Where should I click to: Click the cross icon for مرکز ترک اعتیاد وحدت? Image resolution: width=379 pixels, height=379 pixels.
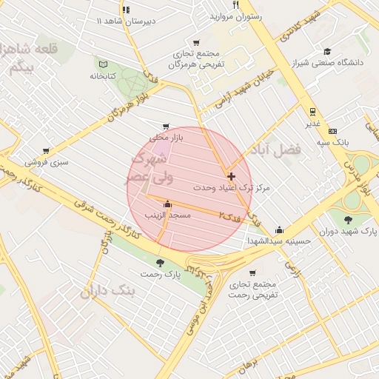click(232, 176)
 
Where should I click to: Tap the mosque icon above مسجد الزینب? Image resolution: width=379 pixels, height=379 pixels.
click(167, 204)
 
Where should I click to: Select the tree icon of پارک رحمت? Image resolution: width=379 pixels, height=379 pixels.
click(161, 263)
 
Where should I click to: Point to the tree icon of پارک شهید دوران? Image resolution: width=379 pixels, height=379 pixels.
click(349, 218)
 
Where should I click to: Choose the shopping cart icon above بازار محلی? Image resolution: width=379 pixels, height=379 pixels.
click(165, 126)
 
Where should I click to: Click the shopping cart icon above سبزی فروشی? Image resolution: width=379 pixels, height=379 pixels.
click(46, 150)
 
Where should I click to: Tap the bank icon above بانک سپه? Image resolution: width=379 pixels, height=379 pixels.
click(332, 130)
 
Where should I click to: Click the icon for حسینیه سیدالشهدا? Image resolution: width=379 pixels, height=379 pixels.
click(279, 229)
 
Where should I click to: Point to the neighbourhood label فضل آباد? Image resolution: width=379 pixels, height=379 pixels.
click(278, 150)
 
